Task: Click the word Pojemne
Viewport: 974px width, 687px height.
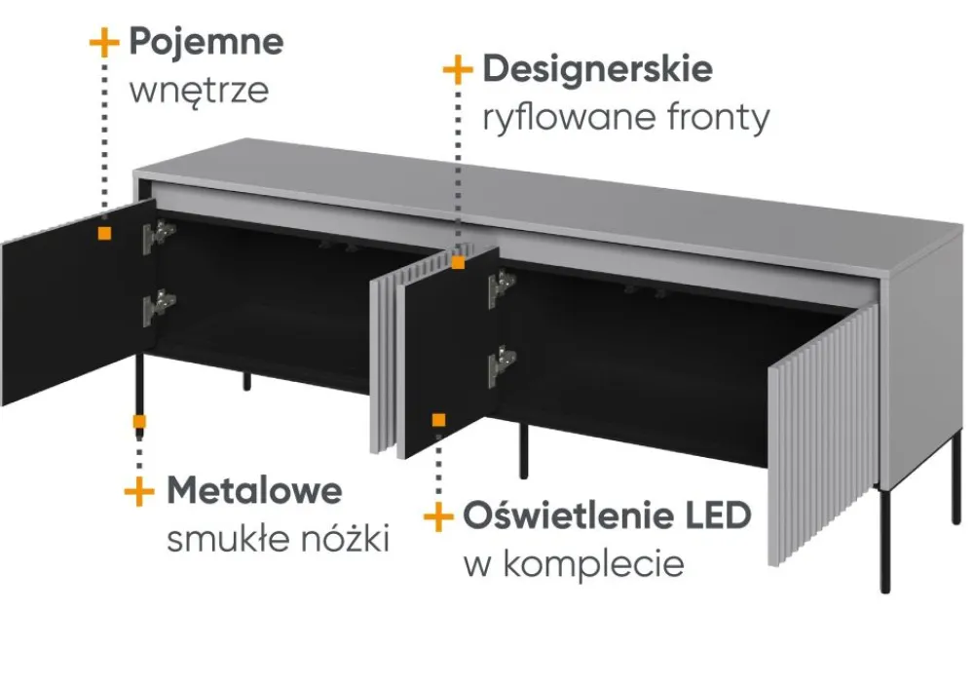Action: click(206, 42)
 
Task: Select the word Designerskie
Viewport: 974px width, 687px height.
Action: click(597, 69)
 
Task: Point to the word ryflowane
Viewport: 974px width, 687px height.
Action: click(563, 118)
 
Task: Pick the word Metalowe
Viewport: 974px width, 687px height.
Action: click(254, 490)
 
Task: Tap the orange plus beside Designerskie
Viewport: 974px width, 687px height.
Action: click(457, 70)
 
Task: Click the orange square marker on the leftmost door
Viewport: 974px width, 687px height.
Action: click(103, 233)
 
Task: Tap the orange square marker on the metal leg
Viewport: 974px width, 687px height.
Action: click(140, 422)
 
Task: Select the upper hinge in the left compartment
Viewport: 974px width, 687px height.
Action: click(158, 235)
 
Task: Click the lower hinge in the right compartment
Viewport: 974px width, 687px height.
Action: click(502, 364)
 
